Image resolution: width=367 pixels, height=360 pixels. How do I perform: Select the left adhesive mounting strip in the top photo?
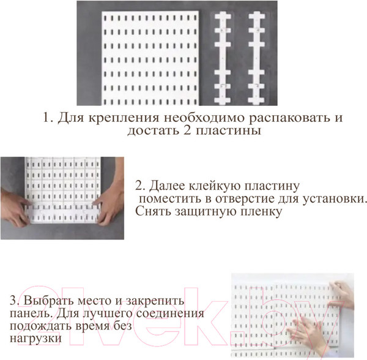(x=223, y=58)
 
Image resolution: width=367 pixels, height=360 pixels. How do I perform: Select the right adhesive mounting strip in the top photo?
(x=256, y=58)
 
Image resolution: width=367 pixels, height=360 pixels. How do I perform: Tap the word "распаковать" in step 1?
(x=281, y=118)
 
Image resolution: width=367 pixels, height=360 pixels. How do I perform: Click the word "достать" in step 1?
(x=149, y=132)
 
